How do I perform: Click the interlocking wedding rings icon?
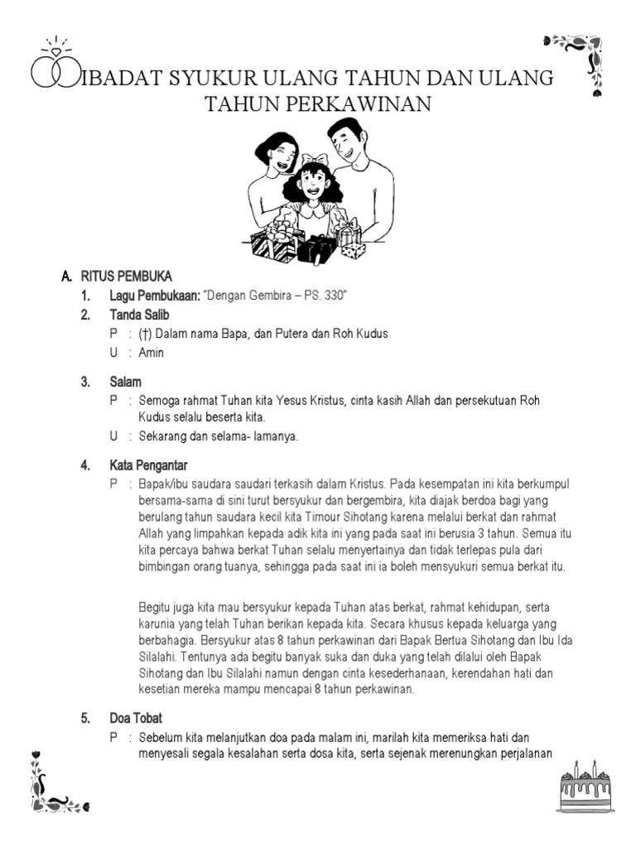(x=51, y=68)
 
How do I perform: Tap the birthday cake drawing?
(x=586, y=788)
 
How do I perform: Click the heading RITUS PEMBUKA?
(x=135, y=277)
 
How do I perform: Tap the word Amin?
(x=152, y=353)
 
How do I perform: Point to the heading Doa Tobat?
(x=137, y=718)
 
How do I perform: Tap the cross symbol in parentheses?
(x=145, y=334)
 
